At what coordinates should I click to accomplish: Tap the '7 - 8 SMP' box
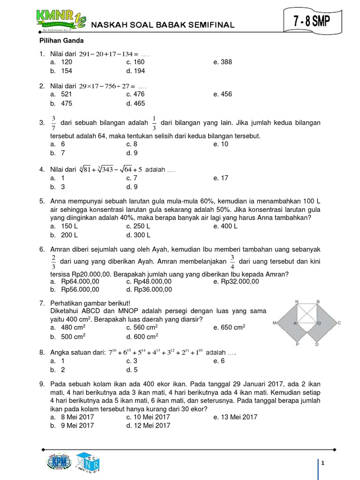tap(312, 21)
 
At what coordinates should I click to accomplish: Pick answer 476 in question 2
tap(135, 94)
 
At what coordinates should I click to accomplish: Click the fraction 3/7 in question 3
tap(53, 123)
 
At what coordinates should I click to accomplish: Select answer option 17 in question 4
tap(223, 178)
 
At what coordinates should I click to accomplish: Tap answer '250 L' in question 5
tap(138, 226)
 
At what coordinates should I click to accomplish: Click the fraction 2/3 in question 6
tap(53, 261)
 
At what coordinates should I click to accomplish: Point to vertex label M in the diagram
tap(273, 323)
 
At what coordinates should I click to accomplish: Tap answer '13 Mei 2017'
tap(235, 417)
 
